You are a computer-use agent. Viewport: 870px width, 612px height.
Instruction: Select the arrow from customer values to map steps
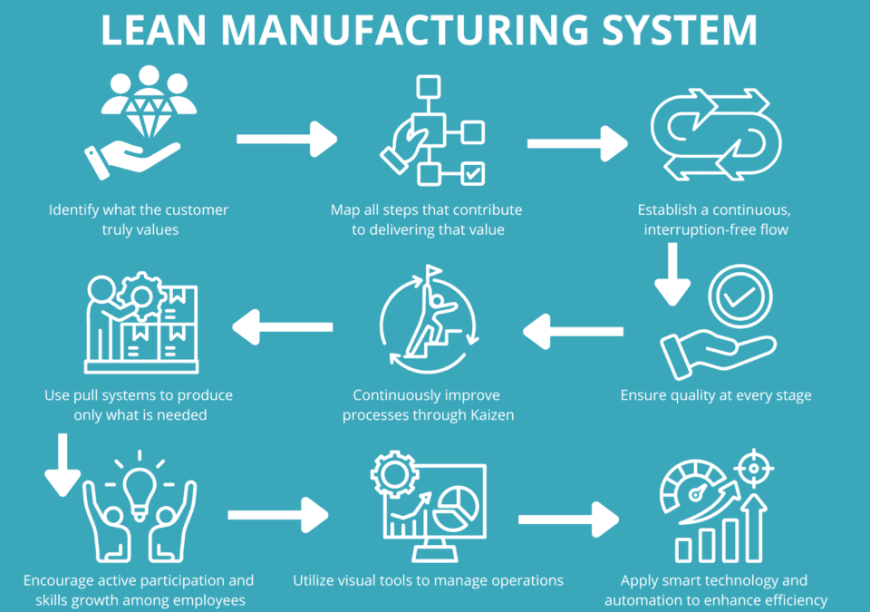click(286, 140)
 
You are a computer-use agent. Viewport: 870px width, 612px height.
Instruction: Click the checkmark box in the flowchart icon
click(473, 172)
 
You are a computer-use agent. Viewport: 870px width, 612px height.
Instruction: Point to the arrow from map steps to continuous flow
click(577, 142)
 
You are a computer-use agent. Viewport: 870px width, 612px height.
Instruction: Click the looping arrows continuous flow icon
click(717, 133)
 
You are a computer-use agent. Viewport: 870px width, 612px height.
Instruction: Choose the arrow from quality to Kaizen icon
click(574, 332)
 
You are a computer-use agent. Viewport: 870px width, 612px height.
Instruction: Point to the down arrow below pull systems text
click(63, 465)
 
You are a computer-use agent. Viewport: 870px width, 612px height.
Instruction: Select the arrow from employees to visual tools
click(277, 515)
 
